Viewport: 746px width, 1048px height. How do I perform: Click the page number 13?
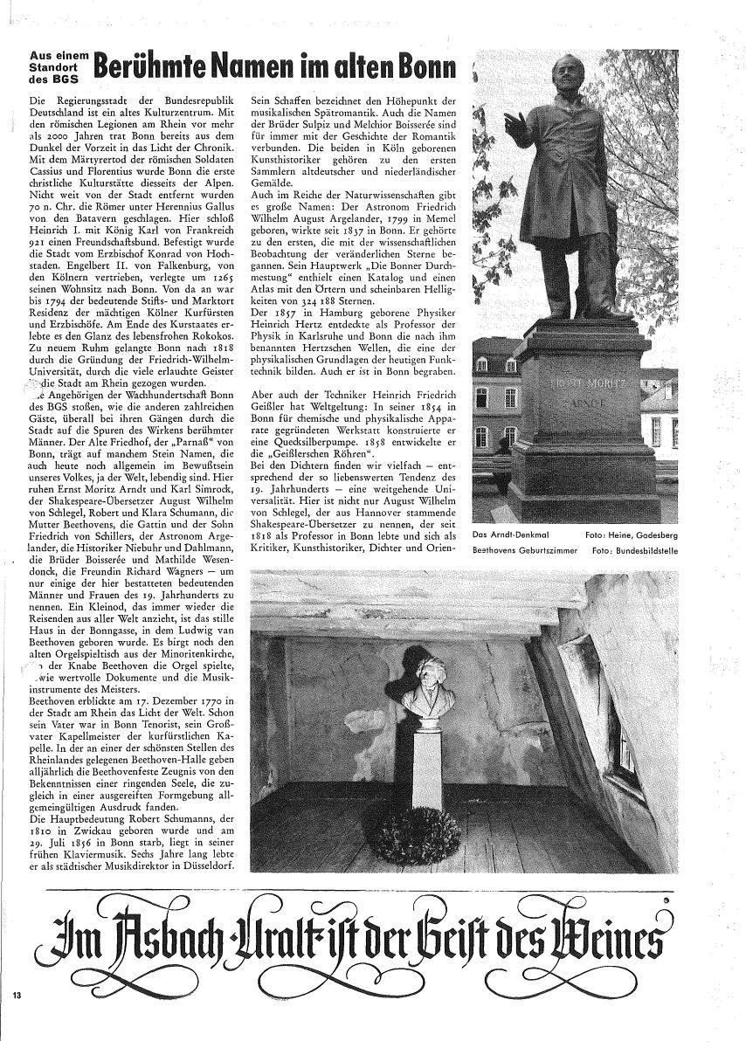[x=17, y=996]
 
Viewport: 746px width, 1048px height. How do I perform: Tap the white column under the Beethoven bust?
[x=426, y=771]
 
